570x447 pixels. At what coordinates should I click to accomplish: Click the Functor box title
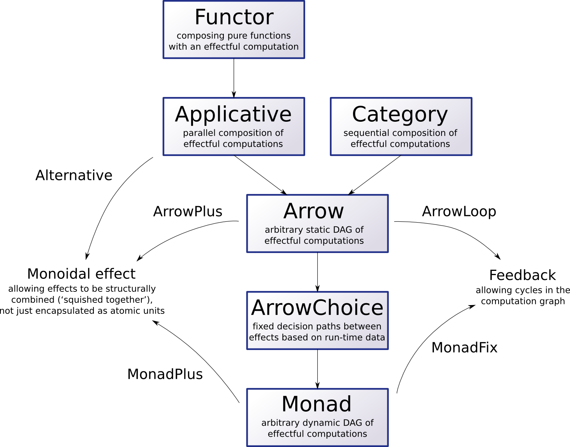click(234, 17)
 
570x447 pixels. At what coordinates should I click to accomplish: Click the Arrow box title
click(313, 211)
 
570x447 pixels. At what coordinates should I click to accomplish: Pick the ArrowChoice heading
click(317, 308)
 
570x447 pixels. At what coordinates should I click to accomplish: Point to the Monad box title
click(317, 404)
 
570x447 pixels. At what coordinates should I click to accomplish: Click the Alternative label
click(74, 175)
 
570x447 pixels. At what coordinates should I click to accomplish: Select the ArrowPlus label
click(188, 212)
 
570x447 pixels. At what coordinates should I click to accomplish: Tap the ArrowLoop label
click(459, 212)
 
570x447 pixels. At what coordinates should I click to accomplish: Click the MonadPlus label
click(165, 374)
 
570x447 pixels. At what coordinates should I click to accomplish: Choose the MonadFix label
click(464, 348)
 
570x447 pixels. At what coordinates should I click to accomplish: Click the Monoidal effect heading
click(81, 274)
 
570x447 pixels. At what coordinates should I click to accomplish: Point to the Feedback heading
click(522, 275)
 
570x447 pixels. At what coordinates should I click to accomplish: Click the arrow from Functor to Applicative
click(234, 78)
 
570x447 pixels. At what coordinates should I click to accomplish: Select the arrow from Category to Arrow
click(375, 175)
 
